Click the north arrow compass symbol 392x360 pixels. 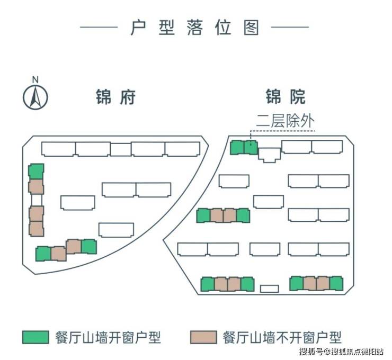point(35,95)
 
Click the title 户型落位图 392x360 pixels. point(195,27)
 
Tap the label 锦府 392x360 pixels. point(116,97)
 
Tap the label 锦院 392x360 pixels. point(286,97)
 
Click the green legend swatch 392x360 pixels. point(37,337)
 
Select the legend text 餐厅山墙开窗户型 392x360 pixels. point(108,337)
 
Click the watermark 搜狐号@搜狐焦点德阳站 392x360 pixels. point(341,352)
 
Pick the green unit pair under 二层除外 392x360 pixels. point(244,147)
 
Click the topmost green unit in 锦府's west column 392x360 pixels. point(36,171)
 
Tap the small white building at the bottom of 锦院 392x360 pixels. point(269,289)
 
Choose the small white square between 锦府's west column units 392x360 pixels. point(37,200)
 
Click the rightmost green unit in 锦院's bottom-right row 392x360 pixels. point(336,283)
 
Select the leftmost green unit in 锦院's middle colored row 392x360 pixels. point(203,215)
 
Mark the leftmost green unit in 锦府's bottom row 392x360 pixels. point(43,254)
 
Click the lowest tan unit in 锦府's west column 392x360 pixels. point(36,229)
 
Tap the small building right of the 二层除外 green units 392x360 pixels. point(269,154)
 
